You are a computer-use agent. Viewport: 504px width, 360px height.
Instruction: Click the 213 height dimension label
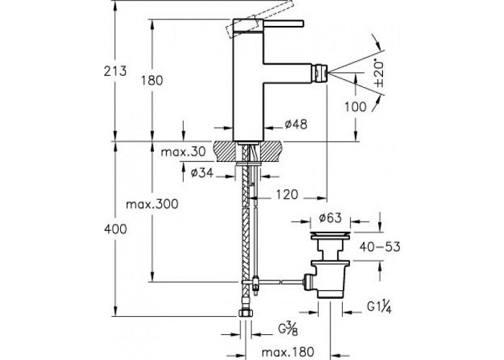tap(115, 70)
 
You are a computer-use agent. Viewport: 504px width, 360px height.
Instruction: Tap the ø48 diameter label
tap(296, 125)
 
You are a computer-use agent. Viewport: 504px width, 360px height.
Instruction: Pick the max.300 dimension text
tap(151, 204)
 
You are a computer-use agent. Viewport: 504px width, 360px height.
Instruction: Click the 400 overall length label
tap(115, 229)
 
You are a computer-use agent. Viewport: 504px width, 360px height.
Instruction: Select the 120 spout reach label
tap(286, 194)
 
